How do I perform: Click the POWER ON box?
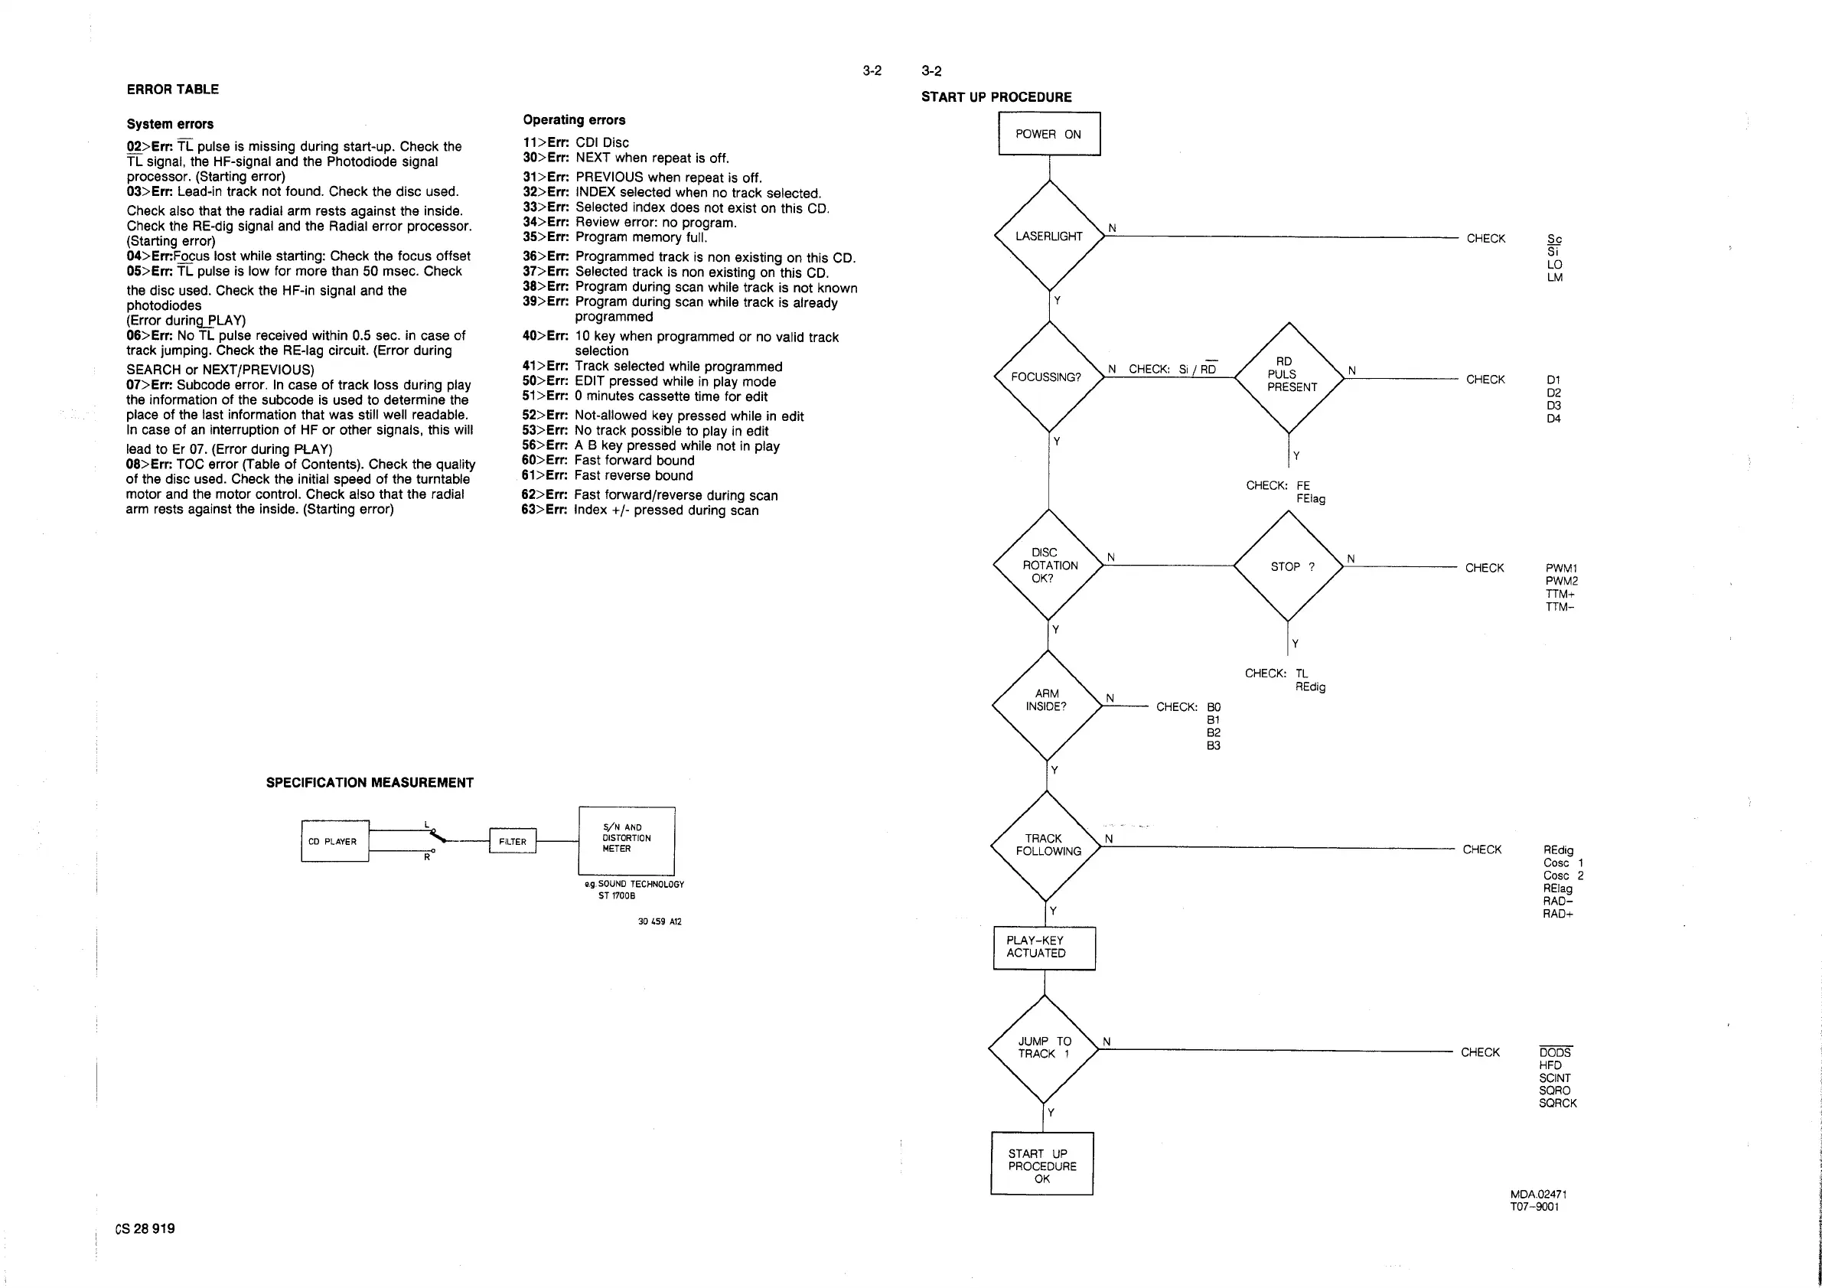click(1048, 134)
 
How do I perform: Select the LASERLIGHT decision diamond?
click(1049, 236)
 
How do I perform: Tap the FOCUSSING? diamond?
click(1048, 377)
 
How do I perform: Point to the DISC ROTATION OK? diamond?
click(1048, 565)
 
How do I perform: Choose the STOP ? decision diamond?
click(1289, 566)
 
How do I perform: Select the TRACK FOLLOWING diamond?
click(1047, 845)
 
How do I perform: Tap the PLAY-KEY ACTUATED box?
click(1044, 947)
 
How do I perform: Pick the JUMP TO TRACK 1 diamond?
click(1044, 1048)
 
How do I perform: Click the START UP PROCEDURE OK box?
click(1042, 1165)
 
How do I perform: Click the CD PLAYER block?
click(334, 841)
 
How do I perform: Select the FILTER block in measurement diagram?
click(513, 841)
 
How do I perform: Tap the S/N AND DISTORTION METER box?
click(626, 840)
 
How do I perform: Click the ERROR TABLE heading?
click(172, 90)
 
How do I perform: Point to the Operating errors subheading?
click(574, 120)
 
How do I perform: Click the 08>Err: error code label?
click(149, 465)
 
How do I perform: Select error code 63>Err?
click(544, 510)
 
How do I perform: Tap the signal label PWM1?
click(1561, 568)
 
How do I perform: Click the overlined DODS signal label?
click(1555, 1052)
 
